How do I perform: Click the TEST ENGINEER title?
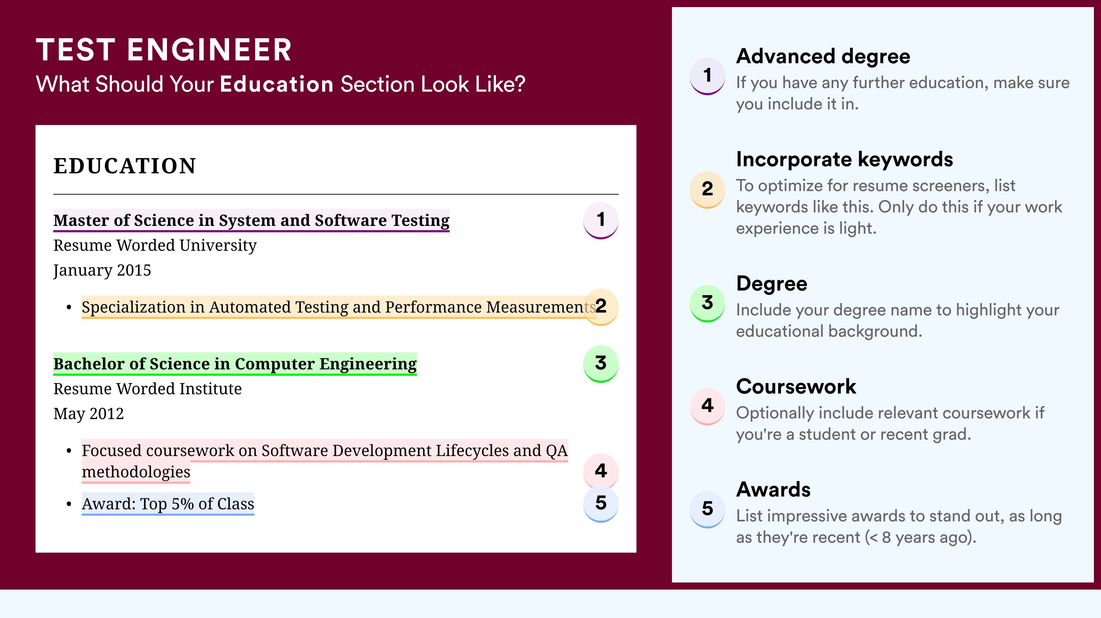164,50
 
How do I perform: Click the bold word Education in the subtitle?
277,84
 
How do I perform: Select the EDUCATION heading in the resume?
124,166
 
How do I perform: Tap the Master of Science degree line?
251,221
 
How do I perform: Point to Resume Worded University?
155,245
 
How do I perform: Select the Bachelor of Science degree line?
235,364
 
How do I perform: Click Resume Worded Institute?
147,389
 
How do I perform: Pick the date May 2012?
88,414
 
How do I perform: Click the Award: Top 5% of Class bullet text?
168,504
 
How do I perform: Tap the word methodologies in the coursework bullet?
136,472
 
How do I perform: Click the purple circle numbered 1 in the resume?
601,220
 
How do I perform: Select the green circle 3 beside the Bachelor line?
601,364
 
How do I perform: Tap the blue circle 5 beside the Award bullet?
601,504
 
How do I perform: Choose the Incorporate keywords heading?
845,160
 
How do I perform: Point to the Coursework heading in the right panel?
796,387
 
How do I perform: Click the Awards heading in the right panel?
773,490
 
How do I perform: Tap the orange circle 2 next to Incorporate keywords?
707,189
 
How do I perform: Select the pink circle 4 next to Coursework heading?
707,406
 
